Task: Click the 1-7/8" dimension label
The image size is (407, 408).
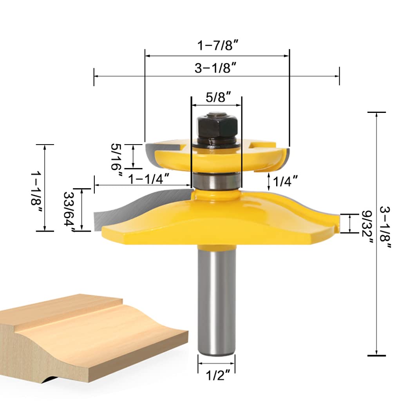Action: pyautogui.click(x=218, y=46)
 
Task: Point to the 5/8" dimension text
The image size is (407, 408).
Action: pyautogui.click(x=216, y=97)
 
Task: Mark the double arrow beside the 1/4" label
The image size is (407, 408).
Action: pyautogui.click(x=269, y=181)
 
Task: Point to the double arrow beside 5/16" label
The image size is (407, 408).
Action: pyautogui.click(x=134, y=156)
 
